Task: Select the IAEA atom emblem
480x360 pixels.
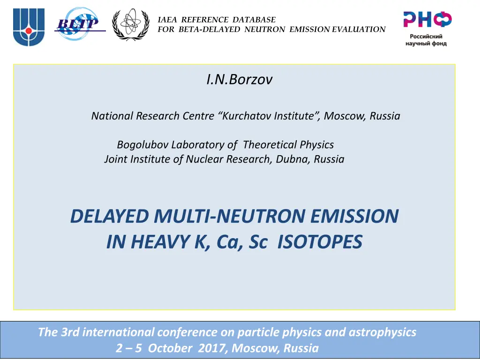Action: (x=130, y=25)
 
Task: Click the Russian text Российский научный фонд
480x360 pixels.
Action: (x=426, y=40)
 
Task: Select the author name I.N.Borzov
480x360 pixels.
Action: (x=239, y=80)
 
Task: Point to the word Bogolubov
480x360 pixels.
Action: (x=139, y=144)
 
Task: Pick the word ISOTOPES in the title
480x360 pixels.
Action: (x=320, y=242)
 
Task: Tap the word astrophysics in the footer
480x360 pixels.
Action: (x=382, y=332)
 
